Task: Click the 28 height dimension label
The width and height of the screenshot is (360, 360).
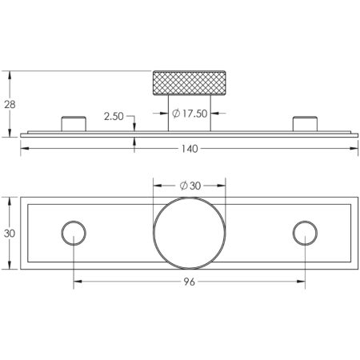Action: tap(10, 105)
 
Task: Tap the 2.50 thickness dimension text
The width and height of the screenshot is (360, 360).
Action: tap(114, 117)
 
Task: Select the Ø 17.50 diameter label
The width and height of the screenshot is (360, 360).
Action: tap(190, 114)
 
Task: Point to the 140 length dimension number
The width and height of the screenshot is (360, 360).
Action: tap(190, 149)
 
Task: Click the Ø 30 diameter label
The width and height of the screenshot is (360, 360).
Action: tap(190, 186)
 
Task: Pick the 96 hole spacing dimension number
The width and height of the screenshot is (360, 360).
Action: tap(190, 282)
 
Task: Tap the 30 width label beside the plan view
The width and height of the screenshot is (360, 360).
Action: tap(10, 234)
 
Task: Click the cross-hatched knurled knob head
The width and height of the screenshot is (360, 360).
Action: tap(190, 83)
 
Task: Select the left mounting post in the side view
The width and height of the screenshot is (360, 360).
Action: tap(74, 124)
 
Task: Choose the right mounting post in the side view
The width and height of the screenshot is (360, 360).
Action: tap(305, 124)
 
